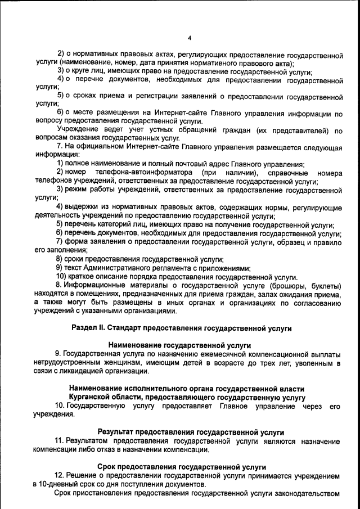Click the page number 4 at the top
point(190,38)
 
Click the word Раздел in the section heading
point(87,327)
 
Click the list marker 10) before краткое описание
point(61,277)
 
